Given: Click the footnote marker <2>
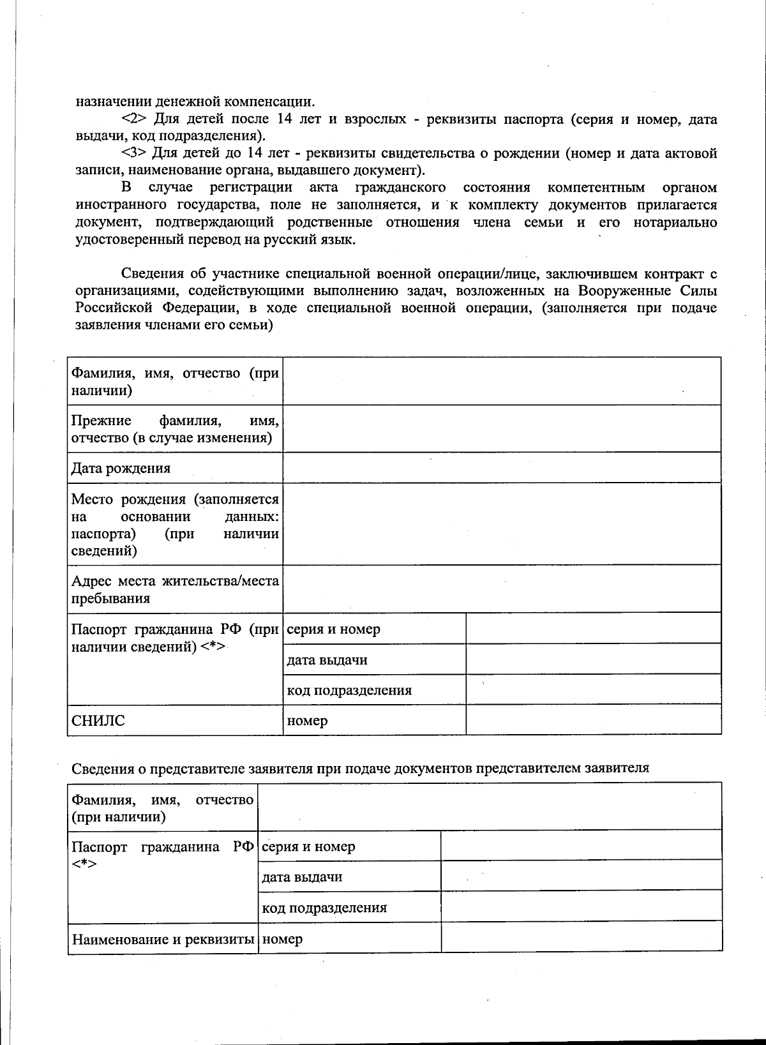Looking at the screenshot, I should (135, 119).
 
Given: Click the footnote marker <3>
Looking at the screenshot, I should (135, 153).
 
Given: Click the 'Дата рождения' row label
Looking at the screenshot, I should (121, 468).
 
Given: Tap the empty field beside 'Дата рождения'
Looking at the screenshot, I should (502, 467).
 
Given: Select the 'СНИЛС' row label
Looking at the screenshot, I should (98, 721).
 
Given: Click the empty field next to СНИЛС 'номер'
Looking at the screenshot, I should (593, 721).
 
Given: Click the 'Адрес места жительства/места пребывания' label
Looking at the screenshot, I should (174, 589).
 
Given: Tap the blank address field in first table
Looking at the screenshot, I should (502, 589).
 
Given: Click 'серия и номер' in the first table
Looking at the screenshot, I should (333, 629).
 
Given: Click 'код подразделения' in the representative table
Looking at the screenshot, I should (324, 907).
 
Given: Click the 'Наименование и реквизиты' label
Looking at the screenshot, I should (163, 939).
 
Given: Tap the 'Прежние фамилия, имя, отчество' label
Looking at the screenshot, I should (174, 429).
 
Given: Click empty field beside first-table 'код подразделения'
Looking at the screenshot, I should (593, 690).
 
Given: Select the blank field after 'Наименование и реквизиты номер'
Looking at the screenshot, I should (581, 938).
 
